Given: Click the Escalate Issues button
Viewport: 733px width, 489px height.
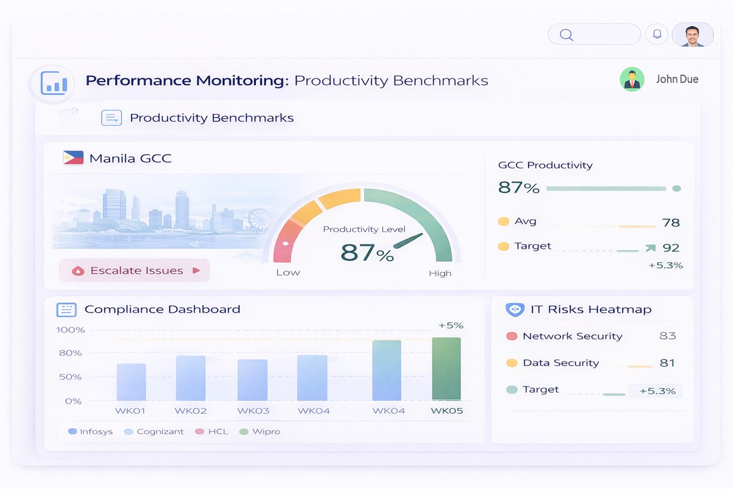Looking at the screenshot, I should click(134, 271).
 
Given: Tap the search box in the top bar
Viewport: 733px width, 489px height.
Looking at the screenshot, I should click(594, 34).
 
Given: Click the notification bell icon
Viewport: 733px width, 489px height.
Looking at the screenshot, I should click(657, 34).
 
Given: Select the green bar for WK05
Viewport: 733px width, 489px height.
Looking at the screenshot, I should click(446, 369).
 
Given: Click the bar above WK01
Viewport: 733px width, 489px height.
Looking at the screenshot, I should click(131, 382).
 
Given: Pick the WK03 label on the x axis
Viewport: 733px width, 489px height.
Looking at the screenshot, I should click(253, 411).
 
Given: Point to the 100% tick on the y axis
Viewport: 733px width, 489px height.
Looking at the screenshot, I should click(70, 330).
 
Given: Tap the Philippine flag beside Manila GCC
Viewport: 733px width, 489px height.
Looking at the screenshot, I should click(73, 158).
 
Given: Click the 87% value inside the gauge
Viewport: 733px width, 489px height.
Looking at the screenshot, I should click(367, 253).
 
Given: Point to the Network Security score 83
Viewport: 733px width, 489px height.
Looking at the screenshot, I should click(667, 336).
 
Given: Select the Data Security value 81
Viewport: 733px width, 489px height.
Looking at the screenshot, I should click(667, 363).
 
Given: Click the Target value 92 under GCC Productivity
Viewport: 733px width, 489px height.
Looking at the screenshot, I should click(671, 248).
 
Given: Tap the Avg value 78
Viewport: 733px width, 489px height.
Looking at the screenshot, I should click(671, 222).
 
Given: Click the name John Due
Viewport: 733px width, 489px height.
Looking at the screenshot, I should click(677, 80).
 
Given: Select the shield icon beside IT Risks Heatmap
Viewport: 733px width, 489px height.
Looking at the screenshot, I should click(515, 309).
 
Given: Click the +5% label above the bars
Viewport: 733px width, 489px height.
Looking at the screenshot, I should click(451, 325).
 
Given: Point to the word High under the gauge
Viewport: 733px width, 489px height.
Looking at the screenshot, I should click(440, 273).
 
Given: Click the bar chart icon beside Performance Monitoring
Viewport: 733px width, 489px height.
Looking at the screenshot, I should click(54, 83).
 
